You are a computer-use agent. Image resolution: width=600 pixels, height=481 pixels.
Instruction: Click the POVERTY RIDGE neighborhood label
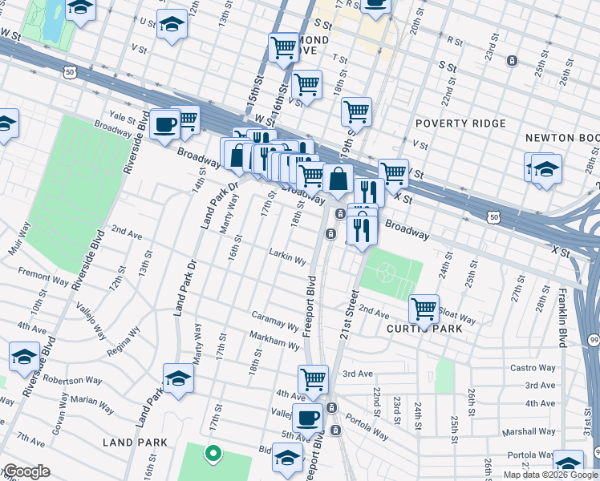point(460,123)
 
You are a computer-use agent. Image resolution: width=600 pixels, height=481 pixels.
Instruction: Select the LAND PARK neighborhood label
point(135,443)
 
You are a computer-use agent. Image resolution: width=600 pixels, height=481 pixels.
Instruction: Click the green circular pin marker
point(213,454)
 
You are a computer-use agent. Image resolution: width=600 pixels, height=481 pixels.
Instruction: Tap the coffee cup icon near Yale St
point(165,124)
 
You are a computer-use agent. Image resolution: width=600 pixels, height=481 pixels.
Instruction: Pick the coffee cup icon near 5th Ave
point(308,417)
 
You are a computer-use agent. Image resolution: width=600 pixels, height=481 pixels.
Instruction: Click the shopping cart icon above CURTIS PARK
point(423,309)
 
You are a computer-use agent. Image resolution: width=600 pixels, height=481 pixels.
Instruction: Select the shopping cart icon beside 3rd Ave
point(313,378)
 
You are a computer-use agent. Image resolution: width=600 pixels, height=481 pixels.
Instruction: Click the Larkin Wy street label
point(288,260)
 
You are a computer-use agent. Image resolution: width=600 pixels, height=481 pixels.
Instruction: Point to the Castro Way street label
point(533,368)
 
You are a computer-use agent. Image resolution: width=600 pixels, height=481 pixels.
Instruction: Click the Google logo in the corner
point(26,471)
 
